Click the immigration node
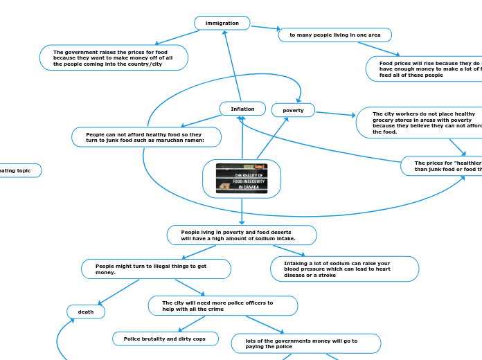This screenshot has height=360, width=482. click(222, 24)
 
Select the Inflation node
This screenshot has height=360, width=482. click(242, 109)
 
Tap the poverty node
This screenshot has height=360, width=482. click(293, 110)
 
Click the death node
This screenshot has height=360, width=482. click(86, 312)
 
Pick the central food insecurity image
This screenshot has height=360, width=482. click(242, 179)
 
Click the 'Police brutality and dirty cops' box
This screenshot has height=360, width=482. click(166, 339)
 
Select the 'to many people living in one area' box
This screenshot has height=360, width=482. click(335, 35)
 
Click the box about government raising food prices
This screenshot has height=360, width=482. click(114, 58)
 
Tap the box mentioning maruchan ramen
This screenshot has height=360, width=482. click(147, 137)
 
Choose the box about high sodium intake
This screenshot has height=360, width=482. click(242, 235)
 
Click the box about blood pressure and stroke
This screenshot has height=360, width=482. click(344, 269)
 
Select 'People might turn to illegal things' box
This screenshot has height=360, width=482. click(156, 269)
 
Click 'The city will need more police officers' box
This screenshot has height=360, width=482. click(223, 306)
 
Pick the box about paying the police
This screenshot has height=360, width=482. click(306, 344)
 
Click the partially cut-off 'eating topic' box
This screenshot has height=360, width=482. click(19, 170)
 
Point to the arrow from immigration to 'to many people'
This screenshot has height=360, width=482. click(265, 28)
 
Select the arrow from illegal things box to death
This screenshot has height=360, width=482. click(118, 291)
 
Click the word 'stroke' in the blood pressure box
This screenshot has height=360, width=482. click(325, 275)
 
